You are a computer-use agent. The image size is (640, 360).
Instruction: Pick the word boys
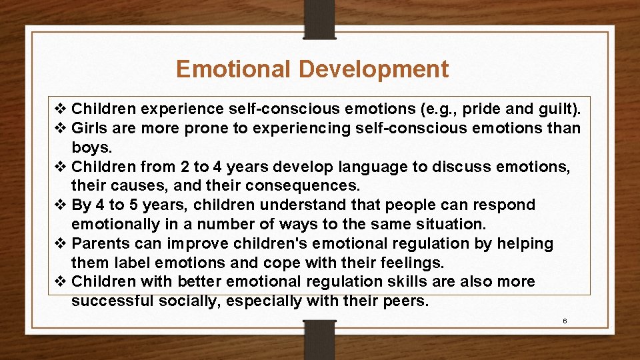[x=91, y=147]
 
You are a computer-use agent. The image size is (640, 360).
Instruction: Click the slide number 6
[x=565, y=321]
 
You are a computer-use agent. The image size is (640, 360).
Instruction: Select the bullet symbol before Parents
[x=60, y=244]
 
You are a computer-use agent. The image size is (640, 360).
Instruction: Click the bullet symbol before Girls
[x=60, y=128]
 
